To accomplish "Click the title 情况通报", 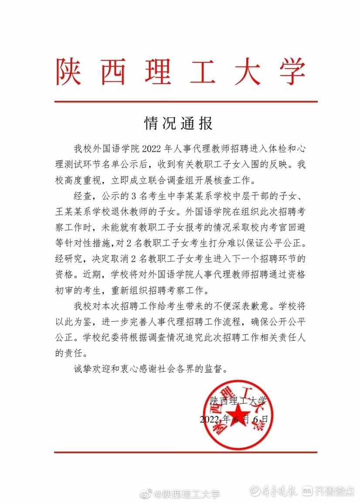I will tap(179, 124).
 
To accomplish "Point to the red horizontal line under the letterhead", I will tap(186, 102).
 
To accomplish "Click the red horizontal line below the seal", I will tap(186, 452).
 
